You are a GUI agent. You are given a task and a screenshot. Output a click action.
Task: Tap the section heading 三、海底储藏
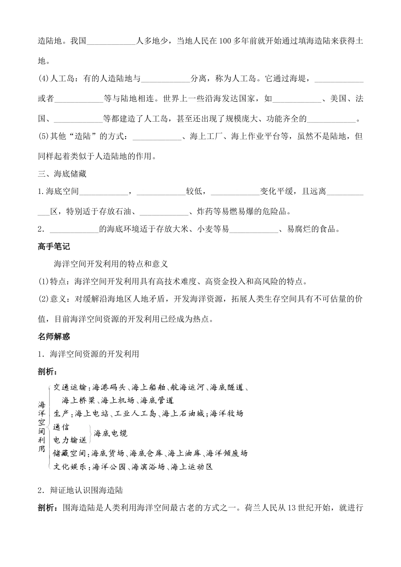62,174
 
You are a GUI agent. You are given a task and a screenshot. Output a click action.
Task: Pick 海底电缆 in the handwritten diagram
111,433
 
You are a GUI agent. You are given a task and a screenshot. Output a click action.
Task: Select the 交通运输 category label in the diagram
70,387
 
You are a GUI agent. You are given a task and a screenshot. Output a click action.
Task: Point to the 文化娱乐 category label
70,467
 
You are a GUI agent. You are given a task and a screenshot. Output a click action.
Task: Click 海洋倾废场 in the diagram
227,453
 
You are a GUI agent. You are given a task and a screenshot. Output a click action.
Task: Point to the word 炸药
205,212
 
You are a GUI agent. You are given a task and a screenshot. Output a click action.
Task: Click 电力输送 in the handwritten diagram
70,440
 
